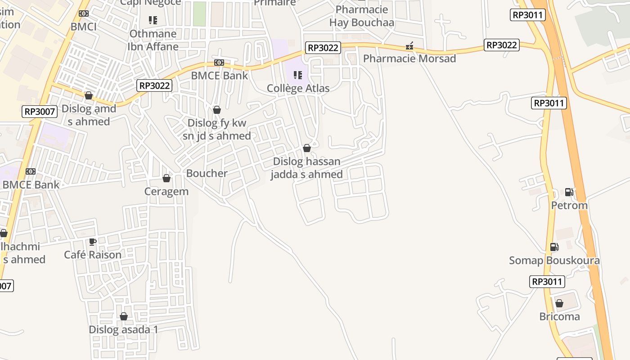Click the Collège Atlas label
coord(298,88)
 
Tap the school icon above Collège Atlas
coord(297,75)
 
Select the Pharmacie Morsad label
coord(409,58)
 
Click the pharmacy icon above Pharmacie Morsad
coord(409,45)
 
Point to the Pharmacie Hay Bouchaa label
coord(361,16)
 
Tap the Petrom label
coord(569,205)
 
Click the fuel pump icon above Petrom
coord(569,192)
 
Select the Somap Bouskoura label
coord(554,261)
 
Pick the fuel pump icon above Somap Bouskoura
coord(554,247)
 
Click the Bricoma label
coord(559,316)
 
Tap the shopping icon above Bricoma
coord(559,303)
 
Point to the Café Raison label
coord(93,255)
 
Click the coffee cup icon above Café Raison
coord(93,242)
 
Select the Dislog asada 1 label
coord(123,329)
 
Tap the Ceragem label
coord(166,191)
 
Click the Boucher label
coord(207,173)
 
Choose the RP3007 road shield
coord(40,112)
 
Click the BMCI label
coord(84,27)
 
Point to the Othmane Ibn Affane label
coord(153,40)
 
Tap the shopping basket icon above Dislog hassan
coord(307,148)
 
